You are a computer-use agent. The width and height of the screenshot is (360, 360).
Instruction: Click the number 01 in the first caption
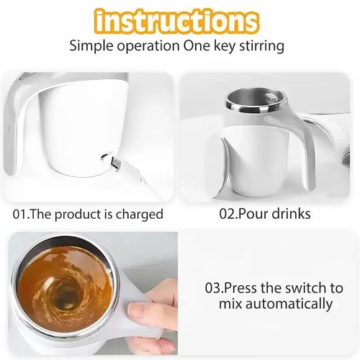pyautogui.click(x=21, y=215)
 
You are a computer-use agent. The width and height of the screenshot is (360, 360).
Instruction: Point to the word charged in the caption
pyautogui.click(x=140, y=215)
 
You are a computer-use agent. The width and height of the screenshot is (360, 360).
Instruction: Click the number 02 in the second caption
pyautogui.click(x=228, y=215)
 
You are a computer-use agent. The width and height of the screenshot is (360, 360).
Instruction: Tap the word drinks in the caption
pyautogui.click(x=290, y=215)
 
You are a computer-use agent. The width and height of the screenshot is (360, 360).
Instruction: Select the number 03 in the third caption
pyautogui.click(x=214, y=287)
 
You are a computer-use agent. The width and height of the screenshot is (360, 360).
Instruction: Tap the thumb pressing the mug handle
pyautogui.click(x=140, y=311)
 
